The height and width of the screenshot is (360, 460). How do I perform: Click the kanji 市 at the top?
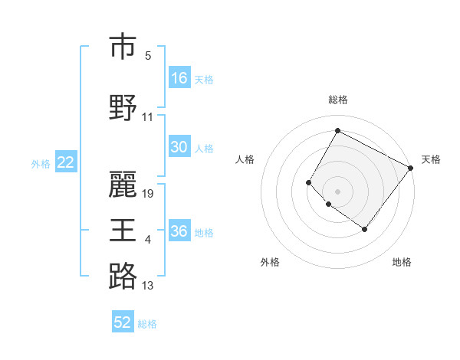tap(123, 47)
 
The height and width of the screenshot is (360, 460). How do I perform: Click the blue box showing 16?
tap(179, 78)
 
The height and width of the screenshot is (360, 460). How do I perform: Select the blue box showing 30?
tap(179, 148)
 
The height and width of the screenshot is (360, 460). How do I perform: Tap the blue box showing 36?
tap(179, 232)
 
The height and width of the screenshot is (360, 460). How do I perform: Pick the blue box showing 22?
tap(65, 162)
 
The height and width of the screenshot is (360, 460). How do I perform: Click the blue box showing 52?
tap(123, 322)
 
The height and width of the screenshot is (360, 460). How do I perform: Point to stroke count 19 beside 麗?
tap(149, 194)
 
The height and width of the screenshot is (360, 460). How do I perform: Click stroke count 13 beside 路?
tap(148, 286)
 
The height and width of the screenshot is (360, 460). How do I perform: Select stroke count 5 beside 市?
tap(148, 56)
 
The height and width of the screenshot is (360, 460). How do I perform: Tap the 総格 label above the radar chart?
tap(337, 100)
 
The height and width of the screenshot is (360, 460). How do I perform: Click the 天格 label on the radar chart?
tap(431, 159)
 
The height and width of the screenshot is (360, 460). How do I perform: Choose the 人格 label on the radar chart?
tap(245, 159)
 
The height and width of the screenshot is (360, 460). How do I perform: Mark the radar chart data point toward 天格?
tap(410, 168)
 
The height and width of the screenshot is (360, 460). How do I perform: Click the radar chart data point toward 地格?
tap(364, 229)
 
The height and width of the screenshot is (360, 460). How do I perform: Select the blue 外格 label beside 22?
tap(41, 163)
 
